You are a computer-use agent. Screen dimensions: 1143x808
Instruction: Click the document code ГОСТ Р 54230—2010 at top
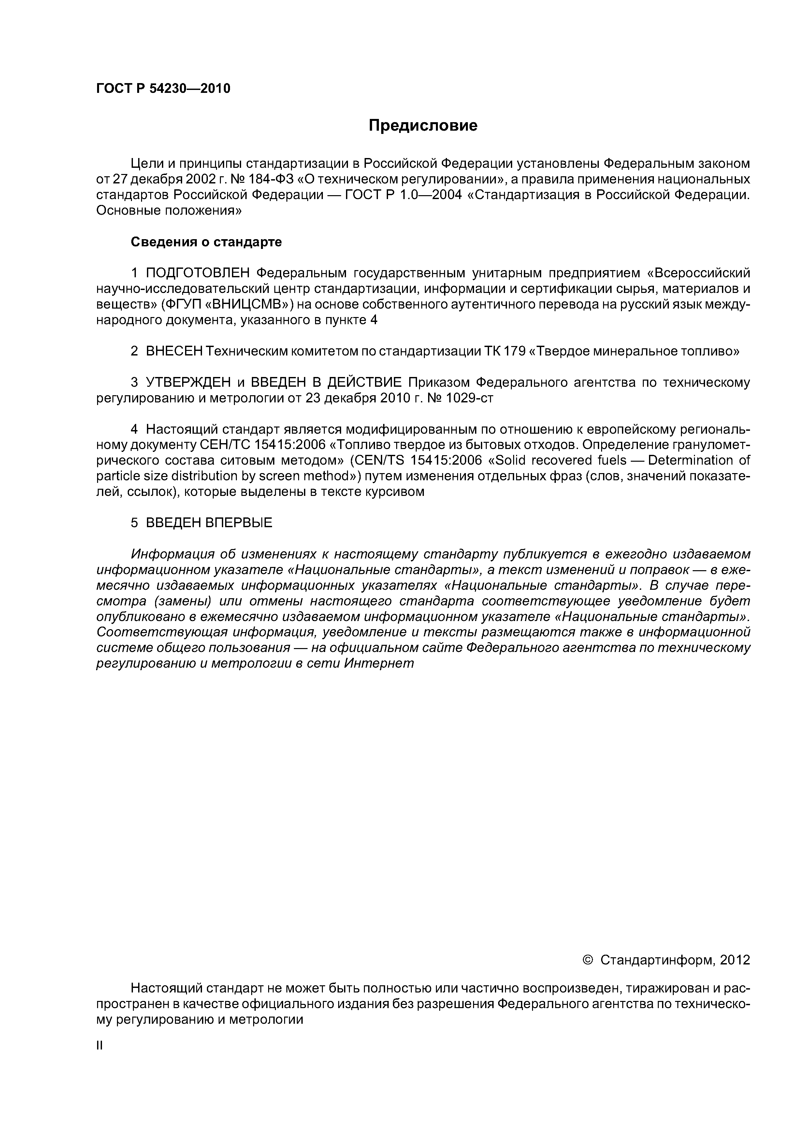coord(163,89)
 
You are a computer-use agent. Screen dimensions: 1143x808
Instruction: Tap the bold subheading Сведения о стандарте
coord(206,242)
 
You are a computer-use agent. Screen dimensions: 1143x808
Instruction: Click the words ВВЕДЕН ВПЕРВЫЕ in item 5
coord(209,522)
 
